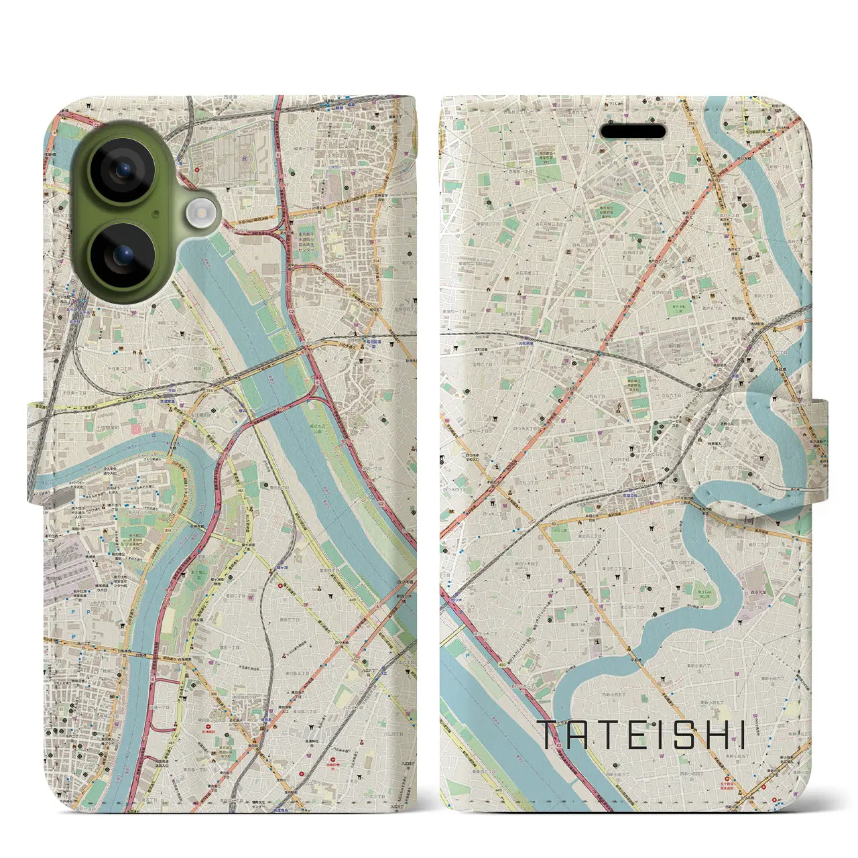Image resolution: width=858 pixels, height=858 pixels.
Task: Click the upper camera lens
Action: [x=121, y=170]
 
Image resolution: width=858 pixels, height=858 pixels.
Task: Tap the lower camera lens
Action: [x=121, y=255]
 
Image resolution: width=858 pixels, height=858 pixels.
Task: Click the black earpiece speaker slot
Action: [x=632, y=131]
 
